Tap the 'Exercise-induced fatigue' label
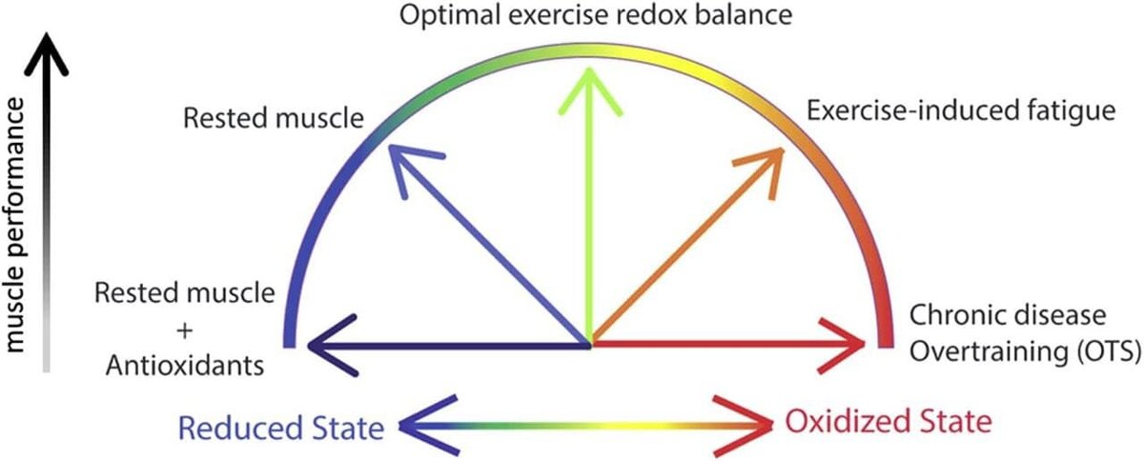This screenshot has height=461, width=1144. pyautogui.click(x=960, y=111)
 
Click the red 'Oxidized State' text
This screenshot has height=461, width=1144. pyautogui.click(x=889, y=420)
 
